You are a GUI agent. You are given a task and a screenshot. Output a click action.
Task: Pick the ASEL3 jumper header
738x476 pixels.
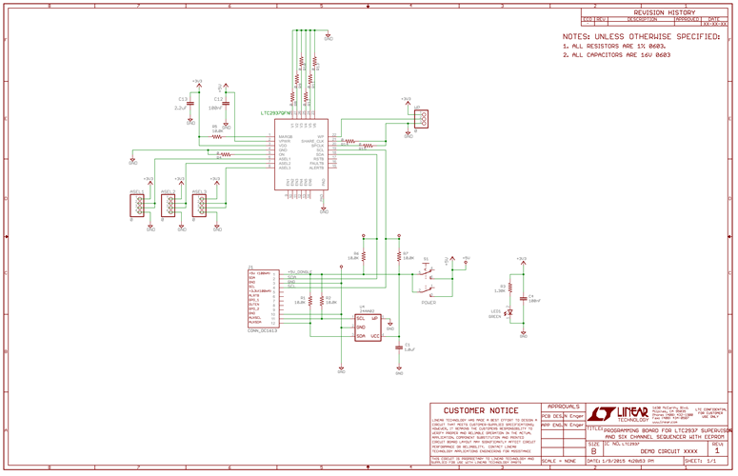coord(200,203)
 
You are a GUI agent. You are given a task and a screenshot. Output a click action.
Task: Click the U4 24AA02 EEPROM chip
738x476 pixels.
coord(368,327)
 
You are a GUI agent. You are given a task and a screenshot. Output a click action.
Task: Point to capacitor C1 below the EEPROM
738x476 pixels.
coord(399,347)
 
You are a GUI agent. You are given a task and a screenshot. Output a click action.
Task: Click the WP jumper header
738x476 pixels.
coord(421,118)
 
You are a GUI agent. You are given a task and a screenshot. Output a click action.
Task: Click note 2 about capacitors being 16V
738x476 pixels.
coord(616,55)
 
